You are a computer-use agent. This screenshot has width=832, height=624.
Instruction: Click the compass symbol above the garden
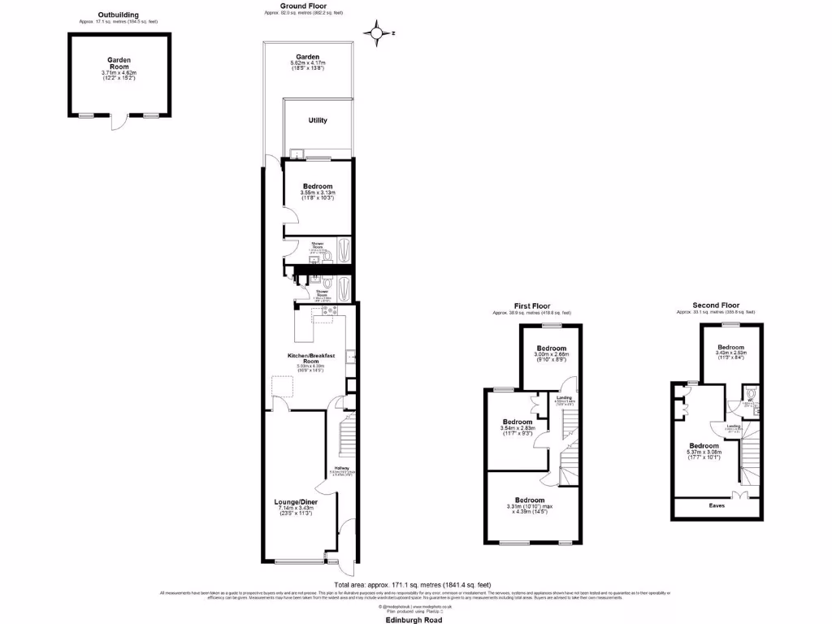coord(377,33)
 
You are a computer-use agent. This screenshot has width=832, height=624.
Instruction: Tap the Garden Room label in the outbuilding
coord(119,64)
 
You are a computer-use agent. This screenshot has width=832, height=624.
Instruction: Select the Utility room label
coord(318,120)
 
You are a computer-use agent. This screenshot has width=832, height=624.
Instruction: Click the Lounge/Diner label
coord(295,503)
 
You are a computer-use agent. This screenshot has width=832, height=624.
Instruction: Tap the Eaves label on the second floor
coord(717,505)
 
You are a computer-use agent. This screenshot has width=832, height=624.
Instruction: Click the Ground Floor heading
coord(304,6)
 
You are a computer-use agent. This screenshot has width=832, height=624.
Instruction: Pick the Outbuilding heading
coord(118,15)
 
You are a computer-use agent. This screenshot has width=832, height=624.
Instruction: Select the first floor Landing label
coord(564,396)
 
